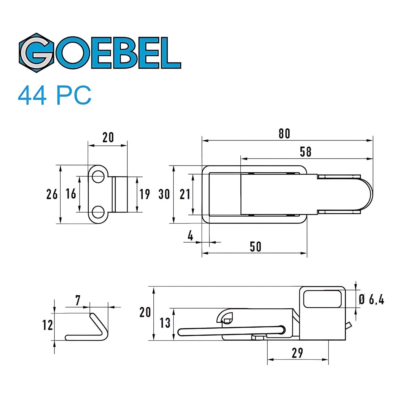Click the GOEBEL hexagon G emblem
36,53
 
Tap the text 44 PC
54,96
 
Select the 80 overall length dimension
284,134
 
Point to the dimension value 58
305,152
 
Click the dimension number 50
255,246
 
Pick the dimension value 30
164,194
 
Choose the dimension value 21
185,194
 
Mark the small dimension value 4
190,236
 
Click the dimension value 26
52,194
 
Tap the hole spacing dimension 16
71,194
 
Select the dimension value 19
145,194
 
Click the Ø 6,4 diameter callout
371,300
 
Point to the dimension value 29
297,353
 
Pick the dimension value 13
165,323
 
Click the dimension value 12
47,325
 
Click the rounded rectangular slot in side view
322,298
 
